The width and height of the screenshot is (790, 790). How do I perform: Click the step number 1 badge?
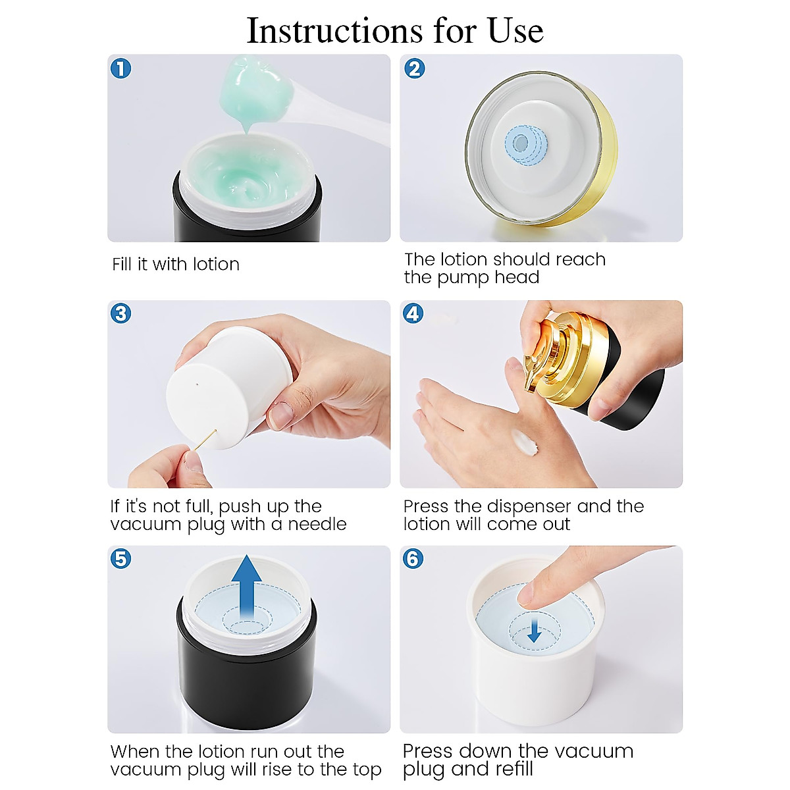pyautogui.click(x=121, y=68)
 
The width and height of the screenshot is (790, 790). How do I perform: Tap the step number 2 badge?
pyautogui.click(x=414, y=68)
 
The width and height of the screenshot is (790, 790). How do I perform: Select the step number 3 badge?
pyautogui.click(x=121, y=313)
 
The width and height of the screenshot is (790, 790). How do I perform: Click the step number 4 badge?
pyautogui.click(x=413, y=313)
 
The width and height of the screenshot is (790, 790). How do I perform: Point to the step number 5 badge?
pyautogui.click(x=121, y=559)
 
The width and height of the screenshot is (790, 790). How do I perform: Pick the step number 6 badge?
pyautogui.click(x=413, y=559)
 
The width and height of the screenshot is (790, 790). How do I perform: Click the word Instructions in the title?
pyautogui.click(x=334, y=30)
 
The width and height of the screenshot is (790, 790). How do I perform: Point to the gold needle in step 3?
pyautogui.click(x=205, y=439)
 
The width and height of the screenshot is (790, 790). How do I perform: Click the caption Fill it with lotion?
pyautogui.click(x=176, y=265)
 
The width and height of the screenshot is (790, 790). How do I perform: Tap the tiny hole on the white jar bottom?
pyautogui.click(x=198, y=382)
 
